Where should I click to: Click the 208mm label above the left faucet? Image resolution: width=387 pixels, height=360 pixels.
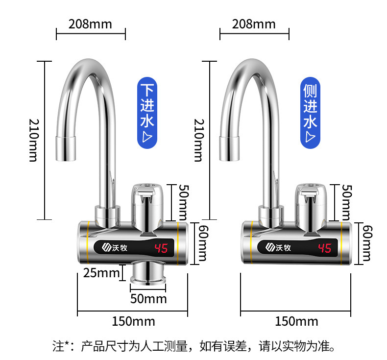90,24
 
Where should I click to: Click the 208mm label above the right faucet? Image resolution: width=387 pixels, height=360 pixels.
254,24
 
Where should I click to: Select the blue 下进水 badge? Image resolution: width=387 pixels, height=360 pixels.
147,113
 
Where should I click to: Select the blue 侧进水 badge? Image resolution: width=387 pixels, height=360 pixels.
310,113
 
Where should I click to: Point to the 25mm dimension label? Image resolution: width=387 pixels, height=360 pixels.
102,273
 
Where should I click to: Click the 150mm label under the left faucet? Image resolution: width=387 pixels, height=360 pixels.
134,321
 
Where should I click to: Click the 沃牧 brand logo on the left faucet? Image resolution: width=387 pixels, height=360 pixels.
115,248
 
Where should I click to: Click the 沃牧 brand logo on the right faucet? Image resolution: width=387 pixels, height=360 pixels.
278,248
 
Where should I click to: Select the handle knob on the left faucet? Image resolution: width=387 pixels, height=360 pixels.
147,201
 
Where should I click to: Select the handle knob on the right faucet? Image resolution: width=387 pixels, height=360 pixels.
310,201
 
